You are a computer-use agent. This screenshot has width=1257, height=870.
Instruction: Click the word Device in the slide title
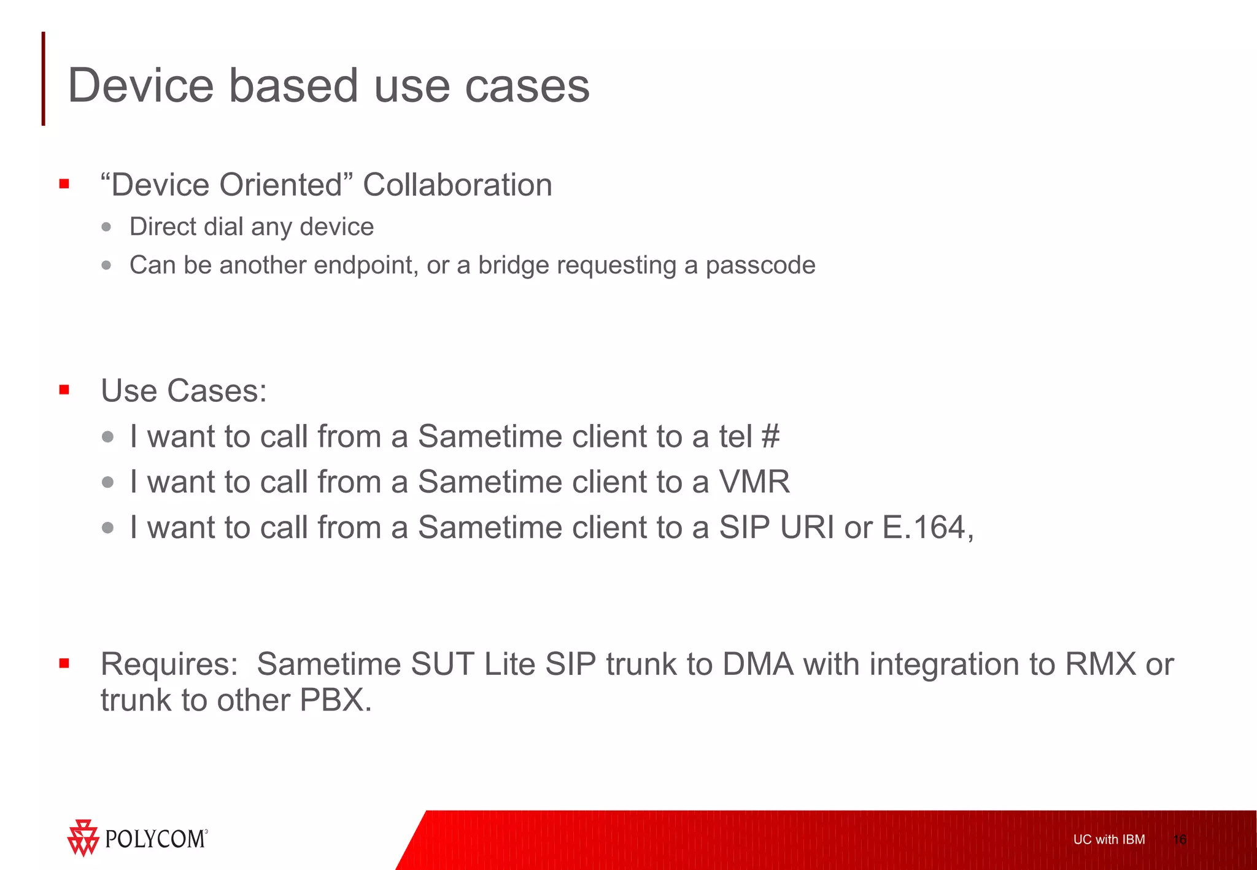[x=141, y=86]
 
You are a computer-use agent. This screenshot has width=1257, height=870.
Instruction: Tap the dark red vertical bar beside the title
[x=44, y=79]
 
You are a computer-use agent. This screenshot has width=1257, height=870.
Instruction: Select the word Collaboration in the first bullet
[x=457, y=185]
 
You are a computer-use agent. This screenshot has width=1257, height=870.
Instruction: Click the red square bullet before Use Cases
[x=64, y=390]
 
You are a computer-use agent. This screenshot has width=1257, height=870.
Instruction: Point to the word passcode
[x=760, y=266]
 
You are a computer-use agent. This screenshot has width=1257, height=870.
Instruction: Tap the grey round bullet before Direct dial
[x=107, y=227]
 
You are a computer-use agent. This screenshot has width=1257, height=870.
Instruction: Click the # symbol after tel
[x=770, y=437]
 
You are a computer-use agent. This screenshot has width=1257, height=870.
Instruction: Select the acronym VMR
[x=754, y=482]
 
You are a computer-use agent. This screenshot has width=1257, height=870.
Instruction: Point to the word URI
[x=806, y=528]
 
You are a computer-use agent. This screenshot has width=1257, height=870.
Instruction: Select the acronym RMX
[x=1100, y=664]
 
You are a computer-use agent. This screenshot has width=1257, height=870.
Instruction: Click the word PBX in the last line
[x=335, y=701]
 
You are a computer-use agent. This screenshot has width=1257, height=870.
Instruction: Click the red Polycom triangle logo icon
[x=83, y=837]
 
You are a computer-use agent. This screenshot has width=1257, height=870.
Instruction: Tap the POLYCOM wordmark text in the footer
[x=155, y=839]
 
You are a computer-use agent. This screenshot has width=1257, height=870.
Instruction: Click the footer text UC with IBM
[x=1108, y=839]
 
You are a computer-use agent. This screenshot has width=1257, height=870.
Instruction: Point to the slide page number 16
[x=1179, y=839]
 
